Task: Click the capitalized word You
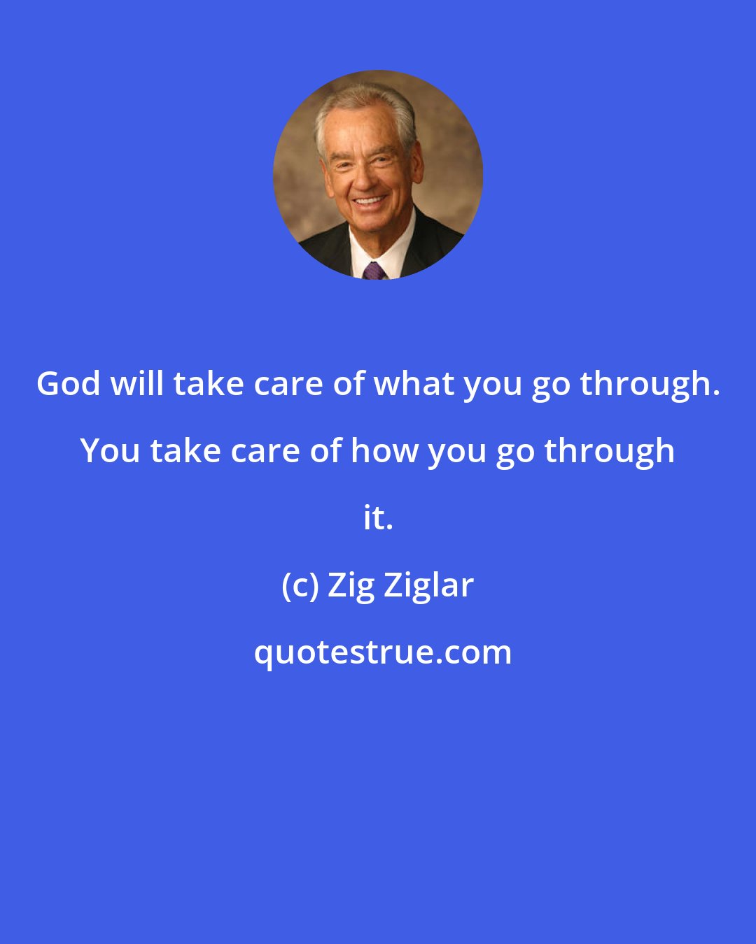[110, 451]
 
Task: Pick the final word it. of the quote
[378, 518]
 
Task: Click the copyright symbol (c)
[299, 585]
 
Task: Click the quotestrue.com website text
[382, 652]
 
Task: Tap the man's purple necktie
[374, 270]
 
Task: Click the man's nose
[365, 178]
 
